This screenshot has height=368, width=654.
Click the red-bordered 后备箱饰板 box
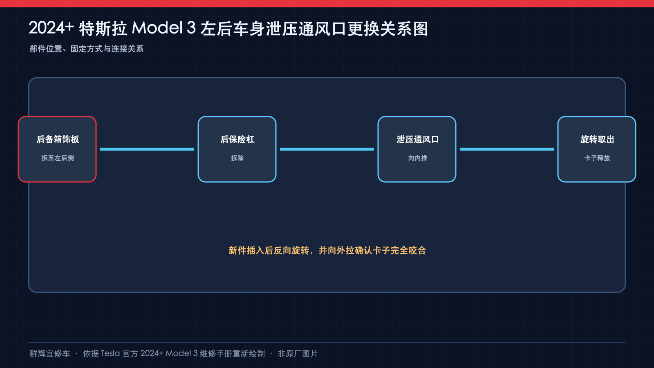pos(57,149)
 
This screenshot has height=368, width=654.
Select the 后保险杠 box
pos(237,149)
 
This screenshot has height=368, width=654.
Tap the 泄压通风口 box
pos(417,149)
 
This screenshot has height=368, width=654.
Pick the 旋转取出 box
pos(597,149)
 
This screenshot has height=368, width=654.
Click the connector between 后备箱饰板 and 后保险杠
pos(147,149)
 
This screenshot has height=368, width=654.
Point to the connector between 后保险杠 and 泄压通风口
pos(327,149)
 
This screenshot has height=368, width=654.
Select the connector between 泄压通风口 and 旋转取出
pos(507,149)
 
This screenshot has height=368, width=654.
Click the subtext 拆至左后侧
pos(58,158)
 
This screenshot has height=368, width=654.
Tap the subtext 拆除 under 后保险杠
pos(237,158)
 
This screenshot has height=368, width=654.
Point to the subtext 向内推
pos(417,158)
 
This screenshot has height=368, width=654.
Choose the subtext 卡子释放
pos(597,158)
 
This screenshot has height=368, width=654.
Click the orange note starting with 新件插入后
pos(327,250)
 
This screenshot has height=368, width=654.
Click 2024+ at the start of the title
pos(51,28)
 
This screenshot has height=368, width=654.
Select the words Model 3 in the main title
pos(164,28)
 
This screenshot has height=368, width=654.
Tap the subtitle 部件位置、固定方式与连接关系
pos(86,49)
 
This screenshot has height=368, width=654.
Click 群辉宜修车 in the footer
pos(49,354)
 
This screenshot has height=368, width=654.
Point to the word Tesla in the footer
pos(110,353)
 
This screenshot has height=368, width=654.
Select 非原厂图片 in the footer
pos(298,354)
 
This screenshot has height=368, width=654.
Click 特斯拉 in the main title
pos(103,29)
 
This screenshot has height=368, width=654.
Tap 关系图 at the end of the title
pos(404,29)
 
